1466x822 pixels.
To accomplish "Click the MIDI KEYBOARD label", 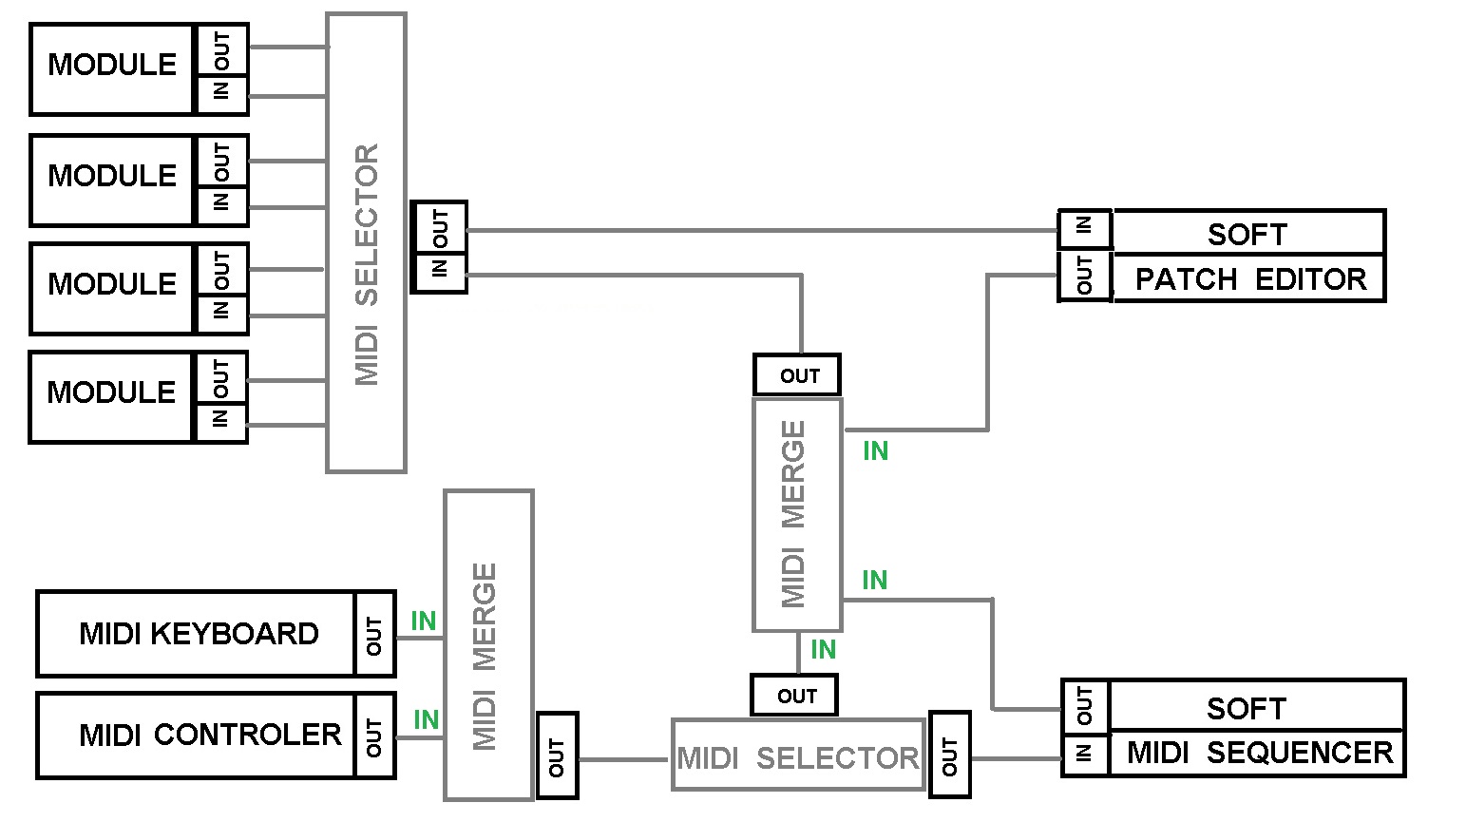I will pyautogui.click(x=199, y=634).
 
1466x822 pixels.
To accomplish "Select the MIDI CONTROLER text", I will pyautogui.click(x=210, y=735).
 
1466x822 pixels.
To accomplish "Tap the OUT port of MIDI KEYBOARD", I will pyautogui.click(x=374, y=635).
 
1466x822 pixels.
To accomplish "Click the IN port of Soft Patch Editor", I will pyautogui.click(x=1084, y=228).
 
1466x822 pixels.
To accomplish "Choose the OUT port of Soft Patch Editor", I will pyautogui.click(x=1084, y=277).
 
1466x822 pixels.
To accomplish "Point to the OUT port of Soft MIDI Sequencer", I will pyautogui.click(x=1085, y=706).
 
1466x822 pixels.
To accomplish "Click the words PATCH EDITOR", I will pyautogui.click(x=1250, y=279).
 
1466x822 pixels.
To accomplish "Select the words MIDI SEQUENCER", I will pyautogui.click(x=1260, y=753).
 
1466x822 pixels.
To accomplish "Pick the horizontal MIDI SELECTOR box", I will pyautogui.click(x=798, y=757).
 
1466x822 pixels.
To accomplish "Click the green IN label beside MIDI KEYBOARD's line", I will pyautogui.click(x=424, y=621).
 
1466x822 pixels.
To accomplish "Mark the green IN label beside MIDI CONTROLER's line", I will pyautogui.click(x=427, y=720).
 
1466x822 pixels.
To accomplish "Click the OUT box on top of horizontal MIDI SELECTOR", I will pyautogui.click(x=795, y=696).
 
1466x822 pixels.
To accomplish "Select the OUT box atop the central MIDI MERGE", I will pyautogui.click(x=798, y=375).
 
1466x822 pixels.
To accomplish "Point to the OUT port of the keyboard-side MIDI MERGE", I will pyautogui.click(x=557, y=756).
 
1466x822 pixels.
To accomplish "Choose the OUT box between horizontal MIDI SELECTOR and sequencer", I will pyautogui.click(x=949, y=756).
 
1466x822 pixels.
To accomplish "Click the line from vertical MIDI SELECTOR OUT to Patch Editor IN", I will pyautogui.click(x=760, y=230).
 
